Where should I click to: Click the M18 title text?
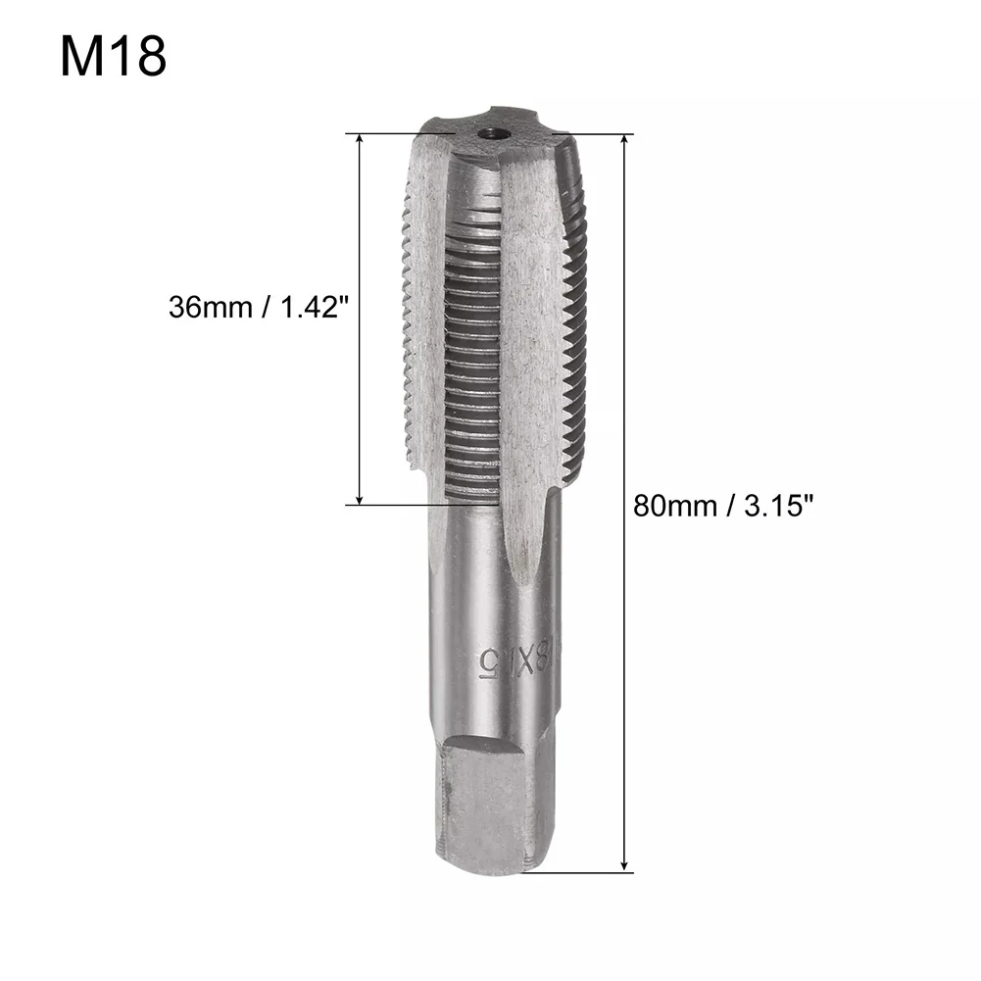point(114,58)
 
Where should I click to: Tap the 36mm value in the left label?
point(208,307)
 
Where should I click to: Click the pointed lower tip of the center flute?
point(523,573)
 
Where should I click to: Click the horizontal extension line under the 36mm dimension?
point(392,505)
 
